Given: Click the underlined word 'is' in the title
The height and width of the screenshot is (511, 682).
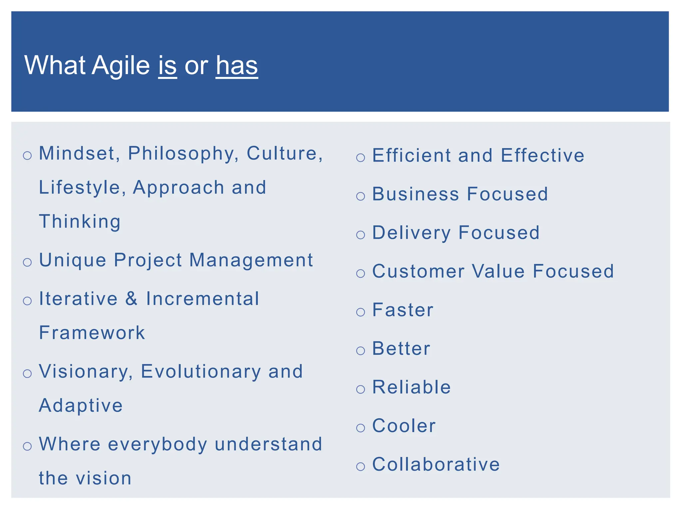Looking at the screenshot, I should click(167, 65).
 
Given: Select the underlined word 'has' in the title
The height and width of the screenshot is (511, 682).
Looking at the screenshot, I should click(237, 65).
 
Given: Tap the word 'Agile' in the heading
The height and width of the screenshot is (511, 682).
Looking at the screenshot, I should click(121, 66).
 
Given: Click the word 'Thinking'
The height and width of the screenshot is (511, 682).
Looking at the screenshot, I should click(80, 222).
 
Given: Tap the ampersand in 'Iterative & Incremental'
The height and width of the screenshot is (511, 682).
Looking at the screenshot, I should click(132, 299).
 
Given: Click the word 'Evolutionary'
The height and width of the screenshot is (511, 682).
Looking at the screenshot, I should click(201, 372).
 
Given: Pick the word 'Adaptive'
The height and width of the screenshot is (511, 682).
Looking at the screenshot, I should click(81, 406).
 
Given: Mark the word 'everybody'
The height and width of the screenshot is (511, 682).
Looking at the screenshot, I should click(158, 444).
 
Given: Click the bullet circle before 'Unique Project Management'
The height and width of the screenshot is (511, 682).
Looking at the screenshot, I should click(27, 262).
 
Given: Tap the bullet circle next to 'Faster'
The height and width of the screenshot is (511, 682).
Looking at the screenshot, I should click(361, 312).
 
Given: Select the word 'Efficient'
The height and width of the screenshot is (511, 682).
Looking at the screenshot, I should click(412, 155).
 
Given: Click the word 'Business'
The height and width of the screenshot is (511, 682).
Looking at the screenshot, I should click(415, 194).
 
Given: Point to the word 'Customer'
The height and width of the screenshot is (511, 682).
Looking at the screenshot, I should click(418, 271).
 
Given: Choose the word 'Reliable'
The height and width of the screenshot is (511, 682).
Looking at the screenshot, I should click(412, 387).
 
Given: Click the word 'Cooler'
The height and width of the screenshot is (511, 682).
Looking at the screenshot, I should click(404, 426).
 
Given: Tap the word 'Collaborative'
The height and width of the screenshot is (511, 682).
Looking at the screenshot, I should click(436, 464).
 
